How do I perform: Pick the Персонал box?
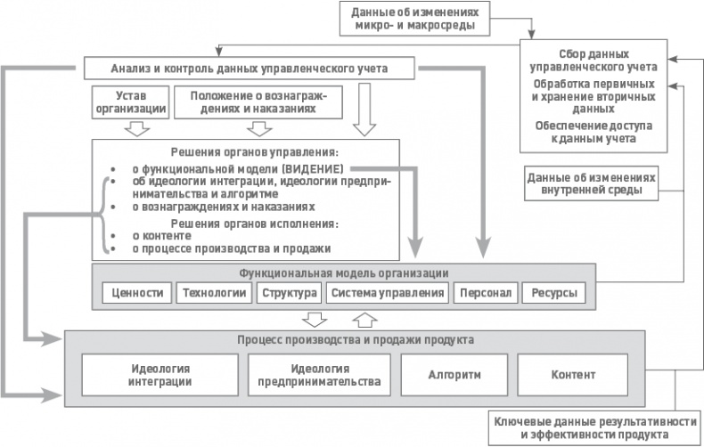pyautogui.click(x=482, y=293)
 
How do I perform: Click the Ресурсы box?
pyautogui.click(x=553, y=293)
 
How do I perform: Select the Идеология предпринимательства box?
pyautogui.click(x=317, y=375)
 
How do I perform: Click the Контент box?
pyautogui.click(x=573, y=375)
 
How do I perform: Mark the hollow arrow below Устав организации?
pyautogui.click(x=135, y=129)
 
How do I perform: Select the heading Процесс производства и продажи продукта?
pyautogui.click(x=354, y=340)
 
